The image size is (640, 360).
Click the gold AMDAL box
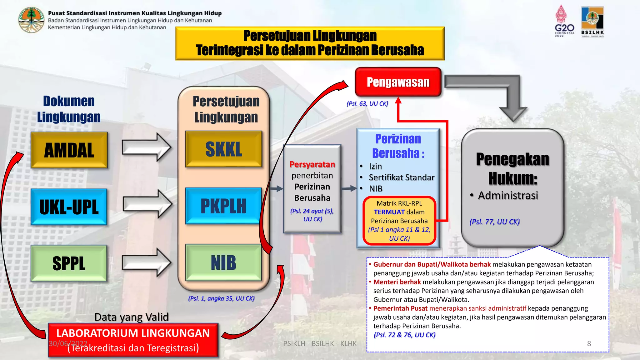(x=69, y=150)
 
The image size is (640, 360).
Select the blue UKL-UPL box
(x=69, y=207)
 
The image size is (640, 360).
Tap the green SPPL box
(x=69, y=263)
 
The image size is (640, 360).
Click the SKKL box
(x=223, y=149)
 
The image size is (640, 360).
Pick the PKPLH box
(x=223, y=206)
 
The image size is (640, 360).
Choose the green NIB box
(x=223, y=262)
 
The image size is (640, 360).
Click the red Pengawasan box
(x=398, y=82)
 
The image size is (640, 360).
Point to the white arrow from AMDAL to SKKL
(x=146, y=147)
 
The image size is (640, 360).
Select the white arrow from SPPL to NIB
(x=146, y=262)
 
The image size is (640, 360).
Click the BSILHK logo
(x=592, y=22)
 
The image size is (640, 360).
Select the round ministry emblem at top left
(x=31, y=20)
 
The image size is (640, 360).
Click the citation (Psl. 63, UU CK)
(x=367, y=103)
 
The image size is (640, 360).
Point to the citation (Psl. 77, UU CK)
(x=494, y=222)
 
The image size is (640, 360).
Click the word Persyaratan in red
(x=312, y=164)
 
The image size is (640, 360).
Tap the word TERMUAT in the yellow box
(x=389, y=212)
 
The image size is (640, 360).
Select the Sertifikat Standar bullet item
(x=402, y=177)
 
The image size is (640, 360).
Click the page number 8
(x=589, y=343)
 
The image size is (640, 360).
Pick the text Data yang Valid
(x=132, y=317)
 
